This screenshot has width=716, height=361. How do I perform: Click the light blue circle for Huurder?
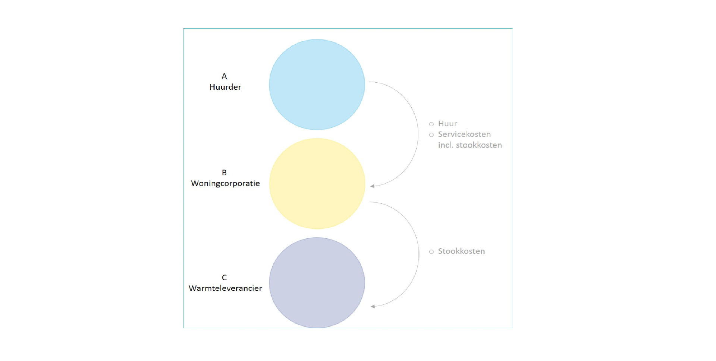(317, 85)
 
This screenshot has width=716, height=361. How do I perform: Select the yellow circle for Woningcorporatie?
(317, 184)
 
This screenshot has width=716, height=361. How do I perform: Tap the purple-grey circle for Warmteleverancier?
(317, 283)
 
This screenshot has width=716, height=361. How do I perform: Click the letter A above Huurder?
(224, 76)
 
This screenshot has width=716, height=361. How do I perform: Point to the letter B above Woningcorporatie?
(224, 172)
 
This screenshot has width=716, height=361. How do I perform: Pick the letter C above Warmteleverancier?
(224, 278)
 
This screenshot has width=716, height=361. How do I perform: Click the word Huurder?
(225, 87)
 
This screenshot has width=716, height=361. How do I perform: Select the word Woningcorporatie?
(225, 183)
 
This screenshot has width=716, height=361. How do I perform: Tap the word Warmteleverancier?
(225, 288)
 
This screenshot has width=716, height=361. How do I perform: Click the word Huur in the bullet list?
(447, 124)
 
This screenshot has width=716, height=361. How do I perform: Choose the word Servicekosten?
(464, 134)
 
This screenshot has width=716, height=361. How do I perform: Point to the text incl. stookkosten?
(470, 145)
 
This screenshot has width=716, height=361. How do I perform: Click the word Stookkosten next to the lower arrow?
(461, 251)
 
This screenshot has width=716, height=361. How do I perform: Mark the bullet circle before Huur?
(431, 124)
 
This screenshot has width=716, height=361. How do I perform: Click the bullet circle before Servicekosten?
(431, 135)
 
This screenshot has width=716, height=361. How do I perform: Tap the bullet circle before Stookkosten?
(431, 252)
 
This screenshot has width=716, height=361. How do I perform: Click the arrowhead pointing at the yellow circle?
(372, 186)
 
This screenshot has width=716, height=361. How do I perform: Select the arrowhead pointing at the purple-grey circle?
(373, 307)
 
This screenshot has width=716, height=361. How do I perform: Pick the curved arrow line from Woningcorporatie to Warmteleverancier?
(419, 254)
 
